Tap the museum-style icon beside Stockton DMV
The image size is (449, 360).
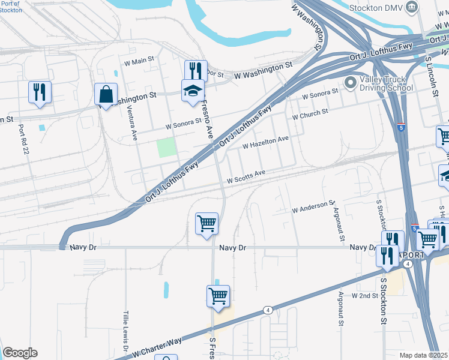click(x=412, y=7)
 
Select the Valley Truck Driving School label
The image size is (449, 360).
click(x=386, y=83)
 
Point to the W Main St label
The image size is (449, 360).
click(x=139, y=62)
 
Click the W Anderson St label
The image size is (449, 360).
click(x=313, y=208)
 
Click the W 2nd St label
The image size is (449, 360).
click(x=364, y=296)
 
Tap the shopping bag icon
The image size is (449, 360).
click(x=106, y=94)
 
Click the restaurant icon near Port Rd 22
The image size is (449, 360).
click(x=40, y=92)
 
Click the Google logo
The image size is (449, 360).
click(x=20, y=353)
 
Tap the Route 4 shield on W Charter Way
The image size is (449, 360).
click(x=267, y=310)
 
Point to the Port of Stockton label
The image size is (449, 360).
click(x=11, y=7)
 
